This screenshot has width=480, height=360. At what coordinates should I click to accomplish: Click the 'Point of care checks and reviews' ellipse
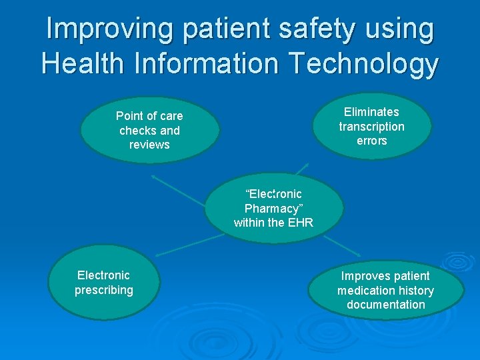tap(149, 131)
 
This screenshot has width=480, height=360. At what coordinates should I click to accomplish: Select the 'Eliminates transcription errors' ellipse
tap(371, 126)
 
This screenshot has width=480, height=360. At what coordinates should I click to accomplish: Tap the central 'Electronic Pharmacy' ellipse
tap(273, 208)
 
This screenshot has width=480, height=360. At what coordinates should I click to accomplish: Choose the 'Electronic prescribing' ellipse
tap(104, 283)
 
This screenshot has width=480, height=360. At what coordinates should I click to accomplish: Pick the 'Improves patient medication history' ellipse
tap(385, 290)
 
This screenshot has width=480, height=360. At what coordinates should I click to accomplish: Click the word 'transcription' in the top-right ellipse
tap(371, 127)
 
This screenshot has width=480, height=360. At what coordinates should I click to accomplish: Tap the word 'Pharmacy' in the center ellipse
tap(273, 208)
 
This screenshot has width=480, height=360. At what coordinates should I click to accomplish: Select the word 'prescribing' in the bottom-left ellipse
tap(104, 290)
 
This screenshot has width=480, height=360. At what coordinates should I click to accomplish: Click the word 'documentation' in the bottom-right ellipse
tap(385, 305)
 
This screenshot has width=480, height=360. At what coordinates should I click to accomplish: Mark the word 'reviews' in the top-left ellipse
tap(149, 145)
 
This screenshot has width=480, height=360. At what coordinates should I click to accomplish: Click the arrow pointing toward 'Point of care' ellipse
tap(177, 189)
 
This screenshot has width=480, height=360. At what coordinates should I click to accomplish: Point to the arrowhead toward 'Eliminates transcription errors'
tap(305, 164)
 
